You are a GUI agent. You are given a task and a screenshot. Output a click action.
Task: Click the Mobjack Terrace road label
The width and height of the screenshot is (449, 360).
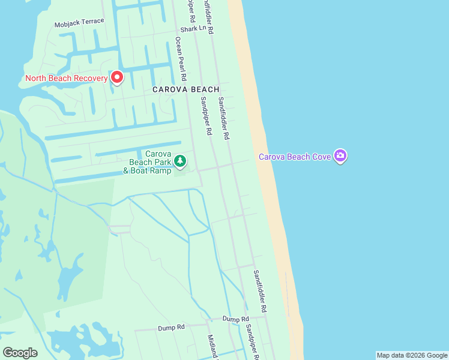pyautogui.click(x=79, y=23)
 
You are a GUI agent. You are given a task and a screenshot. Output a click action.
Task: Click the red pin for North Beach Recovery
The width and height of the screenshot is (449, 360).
pyautogui.click(x=117, y=77)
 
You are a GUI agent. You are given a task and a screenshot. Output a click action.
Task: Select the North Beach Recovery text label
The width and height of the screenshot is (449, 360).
pyautogui.click(x=66, y=78)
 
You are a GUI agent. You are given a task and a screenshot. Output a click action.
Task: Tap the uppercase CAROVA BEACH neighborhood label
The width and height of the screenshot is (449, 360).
pyautogui.click(x=185, y=89)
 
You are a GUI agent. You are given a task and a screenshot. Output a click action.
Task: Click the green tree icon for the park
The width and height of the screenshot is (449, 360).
pyautogui.click(x=180, y=161)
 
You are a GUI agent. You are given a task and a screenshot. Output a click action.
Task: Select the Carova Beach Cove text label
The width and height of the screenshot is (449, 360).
pyautogui.click(x=295, y=157)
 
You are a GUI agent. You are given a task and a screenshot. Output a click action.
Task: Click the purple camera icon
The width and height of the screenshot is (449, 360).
pyautogui.click(x=340, y=157)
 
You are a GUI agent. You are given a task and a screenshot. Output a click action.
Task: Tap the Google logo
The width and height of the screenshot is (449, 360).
pyautogui.click(x=20, y=353)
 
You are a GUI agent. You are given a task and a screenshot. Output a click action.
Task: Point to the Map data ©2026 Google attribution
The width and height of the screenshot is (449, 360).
pyautogui.click(x=412, y=355)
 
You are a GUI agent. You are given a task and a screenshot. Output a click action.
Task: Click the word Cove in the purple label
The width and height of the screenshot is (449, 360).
pyautogui.click(x=322, y=157)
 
